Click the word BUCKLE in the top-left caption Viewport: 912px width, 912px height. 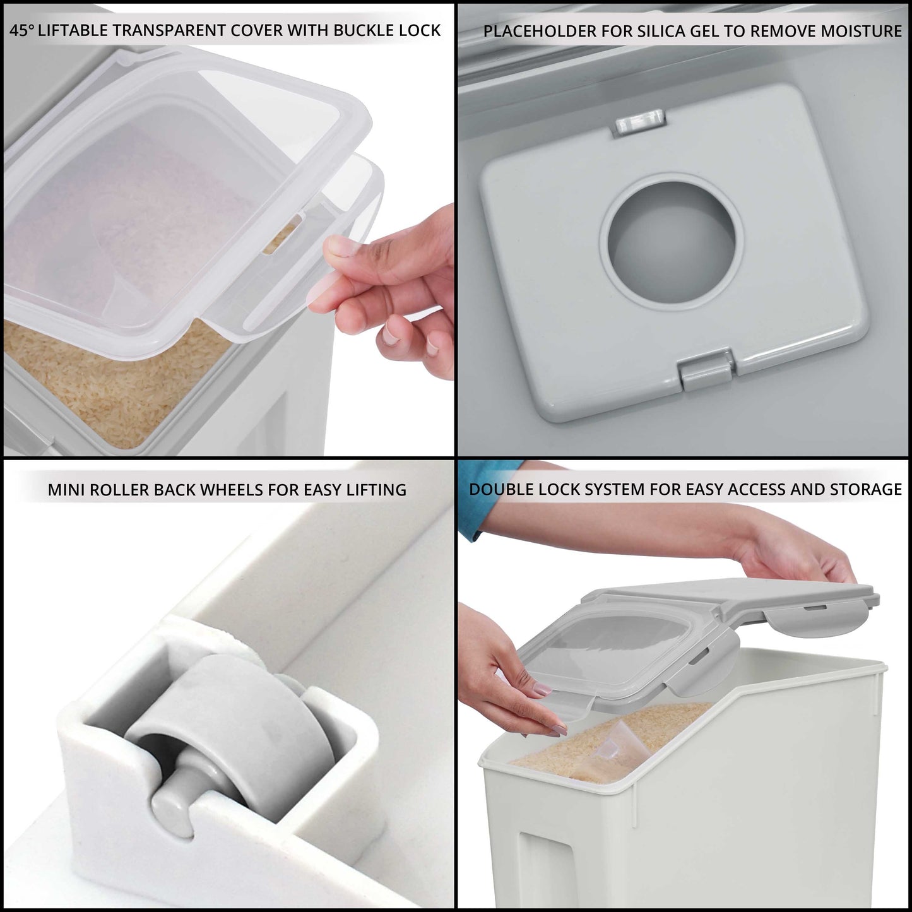point(362,31)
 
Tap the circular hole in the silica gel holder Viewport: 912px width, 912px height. point(671,240)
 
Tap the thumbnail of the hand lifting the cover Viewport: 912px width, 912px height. point(341,246)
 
